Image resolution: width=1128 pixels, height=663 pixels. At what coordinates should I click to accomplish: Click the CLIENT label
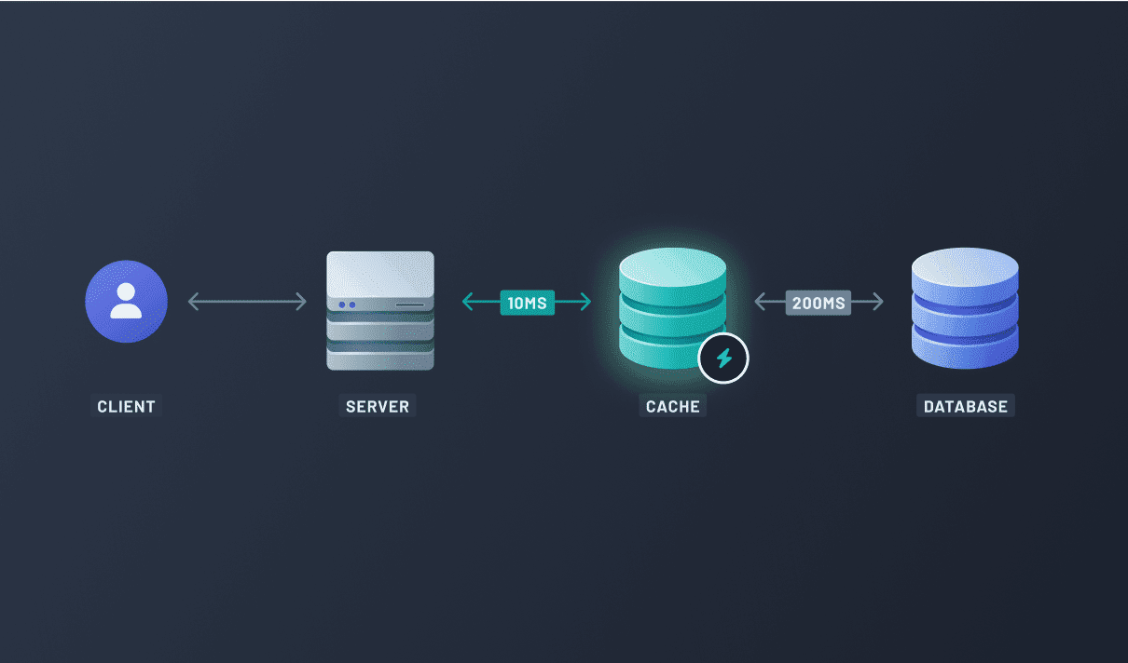coord(126,406)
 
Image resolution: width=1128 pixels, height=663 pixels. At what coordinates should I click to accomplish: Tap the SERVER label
coord(378,406)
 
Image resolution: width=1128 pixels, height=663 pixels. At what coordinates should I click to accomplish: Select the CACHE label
coord(672,406)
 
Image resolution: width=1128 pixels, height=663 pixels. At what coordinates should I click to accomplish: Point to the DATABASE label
coord(965,406)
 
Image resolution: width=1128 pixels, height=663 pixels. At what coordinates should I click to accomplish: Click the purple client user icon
coord(126,302)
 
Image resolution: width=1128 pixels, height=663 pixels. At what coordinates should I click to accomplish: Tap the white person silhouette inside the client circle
coord(126,300)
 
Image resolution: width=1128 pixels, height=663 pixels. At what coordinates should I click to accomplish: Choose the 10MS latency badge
coord(528,302)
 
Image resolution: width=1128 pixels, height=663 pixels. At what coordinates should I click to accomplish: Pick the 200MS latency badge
coord(818,302)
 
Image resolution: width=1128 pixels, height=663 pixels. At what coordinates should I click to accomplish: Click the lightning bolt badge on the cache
coord(723,358)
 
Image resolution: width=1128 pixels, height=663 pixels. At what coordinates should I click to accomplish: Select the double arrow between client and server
coord(247,302)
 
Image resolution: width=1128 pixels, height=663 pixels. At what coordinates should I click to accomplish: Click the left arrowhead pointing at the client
coord(193,302)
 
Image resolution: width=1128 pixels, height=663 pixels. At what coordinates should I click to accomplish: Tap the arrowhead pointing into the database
coord(877,302)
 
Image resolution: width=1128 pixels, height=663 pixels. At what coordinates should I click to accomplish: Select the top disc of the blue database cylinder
coord(965,271)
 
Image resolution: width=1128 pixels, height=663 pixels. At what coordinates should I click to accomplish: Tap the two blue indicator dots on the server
coord(348,304)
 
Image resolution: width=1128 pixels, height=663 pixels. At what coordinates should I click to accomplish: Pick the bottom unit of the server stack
coord(380,359)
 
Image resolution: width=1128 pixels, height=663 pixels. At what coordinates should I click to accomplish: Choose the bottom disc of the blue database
coord(965,350)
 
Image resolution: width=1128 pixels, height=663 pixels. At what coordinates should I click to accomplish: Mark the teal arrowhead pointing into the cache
coord(585,302)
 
